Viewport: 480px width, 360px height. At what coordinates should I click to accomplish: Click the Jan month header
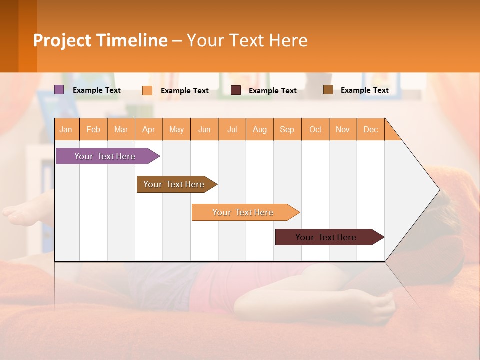[66, 129]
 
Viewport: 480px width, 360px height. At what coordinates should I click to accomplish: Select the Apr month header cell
[149, 129]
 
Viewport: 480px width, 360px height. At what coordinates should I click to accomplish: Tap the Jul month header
[232, 129]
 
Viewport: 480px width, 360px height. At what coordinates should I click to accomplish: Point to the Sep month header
[287, 129]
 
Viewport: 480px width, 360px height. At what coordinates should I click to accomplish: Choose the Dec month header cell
[370, 129]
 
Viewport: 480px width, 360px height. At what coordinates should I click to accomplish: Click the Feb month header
[93, 129]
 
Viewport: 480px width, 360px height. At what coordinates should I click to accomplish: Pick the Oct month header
[315, 129]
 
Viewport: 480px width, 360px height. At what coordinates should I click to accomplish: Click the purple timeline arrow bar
[105, 156]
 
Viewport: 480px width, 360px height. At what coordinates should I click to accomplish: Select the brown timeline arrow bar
[174, 184]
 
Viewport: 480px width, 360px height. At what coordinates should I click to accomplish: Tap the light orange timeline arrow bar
[243, 212]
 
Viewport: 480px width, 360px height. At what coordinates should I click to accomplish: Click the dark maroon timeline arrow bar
[326, 237]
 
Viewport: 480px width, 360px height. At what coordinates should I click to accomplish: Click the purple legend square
[59, 90]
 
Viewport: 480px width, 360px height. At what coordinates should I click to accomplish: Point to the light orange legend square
[147, 90]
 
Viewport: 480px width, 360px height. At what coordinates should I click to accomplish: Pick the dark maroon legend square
[236, 90]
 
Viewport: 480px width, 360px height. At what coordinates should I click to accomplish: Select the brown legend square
[328, 90]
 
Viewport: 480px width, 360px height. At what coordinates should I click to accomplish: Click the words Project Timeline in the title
[100, 40]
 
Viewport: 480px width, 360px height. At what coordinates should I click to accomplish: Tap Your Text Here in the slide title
[247, 40]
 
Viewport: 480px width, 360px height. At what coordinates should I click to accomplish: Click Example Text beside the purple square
[97, 90]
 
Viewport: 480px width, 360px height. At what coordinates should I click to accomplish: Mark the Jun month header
[204, 129]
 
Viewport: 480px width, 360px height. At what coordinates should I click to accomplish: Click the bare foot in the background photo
[22, 212]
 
